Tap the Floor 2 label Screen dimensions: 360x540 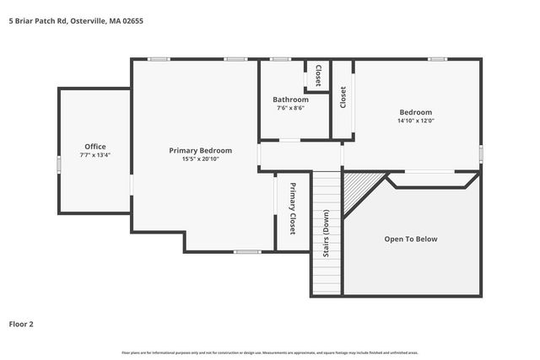[21, 323]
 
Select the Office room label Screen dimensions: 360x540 [94, 147]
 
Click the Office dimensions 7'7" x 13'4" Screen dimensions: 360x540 [94, 155]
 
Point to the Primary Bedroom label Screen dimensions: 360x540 [200, 150]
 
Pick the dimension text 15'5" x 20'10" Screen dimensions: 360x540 [200, 159]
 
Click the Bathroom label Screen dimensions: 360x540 [290, 99]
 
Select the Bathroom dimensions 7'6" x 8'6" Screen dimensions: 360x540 [290, 108]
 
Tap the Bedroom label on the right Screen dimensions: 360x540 [415, 112]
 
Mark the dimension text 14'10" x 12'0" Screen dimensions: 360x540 [415, 121]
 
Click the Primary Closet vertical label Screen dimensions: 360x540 [293, 208]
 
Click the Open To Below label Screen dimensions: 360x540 [411, 239]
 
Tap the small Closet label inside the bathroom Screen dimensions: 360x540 [318, 76]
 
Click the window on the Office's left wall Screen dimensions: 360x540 [58, 164]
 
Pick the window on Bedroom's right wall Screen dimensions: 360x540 [480, 153]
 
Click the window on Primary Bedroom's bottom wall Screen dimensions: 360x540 [246, 251]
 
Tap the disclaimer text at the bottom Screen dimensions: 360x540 [270, 352]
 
